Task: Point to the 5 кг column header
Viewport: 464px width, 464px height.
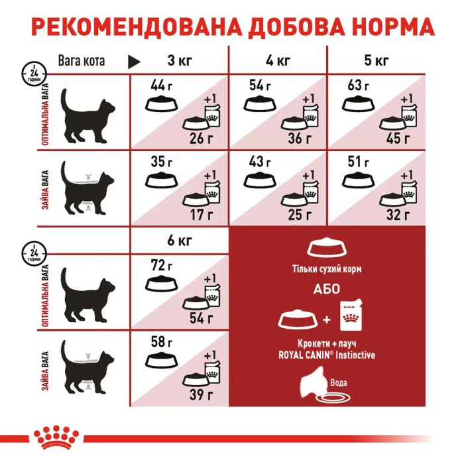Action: (376, 62)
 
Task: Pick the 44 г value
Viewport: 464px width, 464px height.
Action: (158, 85)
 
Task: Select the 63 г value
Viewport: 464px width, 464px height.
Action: (358, 85)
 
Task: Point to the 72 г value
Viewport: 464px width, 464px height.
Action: (158, 265)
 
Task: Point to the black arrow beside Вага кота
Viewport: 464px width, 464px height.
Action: (134, 62)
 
